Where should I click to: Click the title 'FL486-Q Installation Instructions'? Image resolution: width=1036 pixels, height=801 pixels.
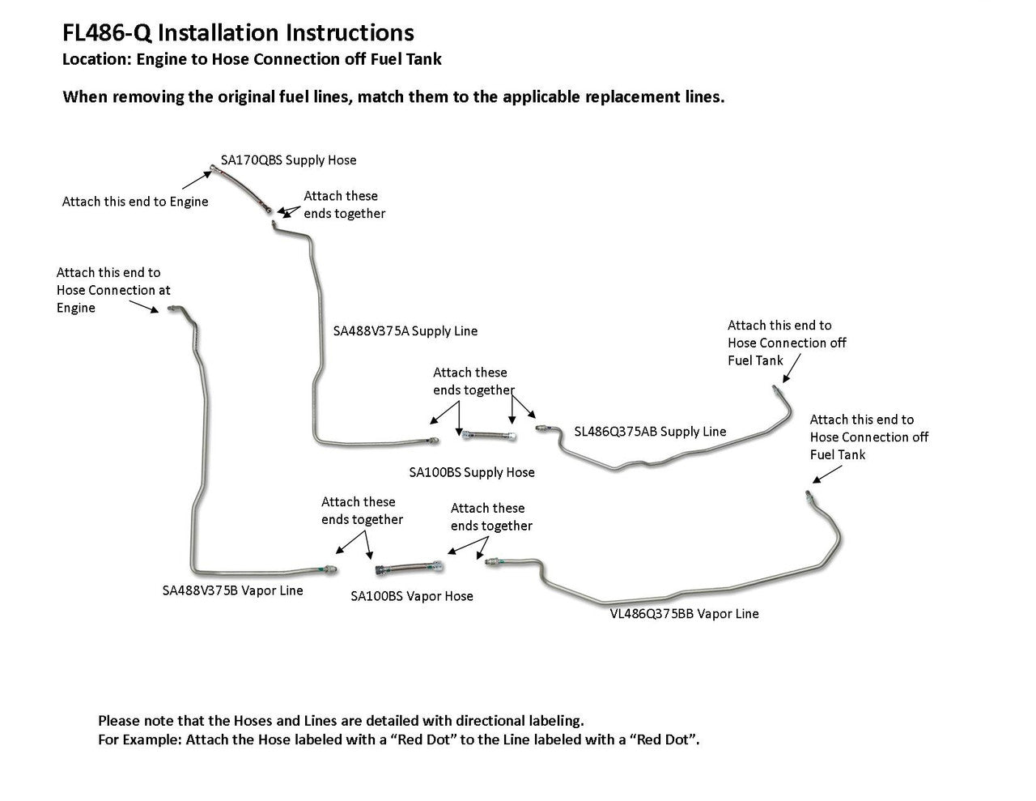238,32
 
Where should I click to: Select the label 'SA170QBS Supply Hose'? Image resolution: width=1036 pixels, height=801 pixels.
288,160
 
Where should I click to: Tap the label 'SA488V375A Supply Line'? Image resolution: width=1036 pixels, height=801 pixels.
405,331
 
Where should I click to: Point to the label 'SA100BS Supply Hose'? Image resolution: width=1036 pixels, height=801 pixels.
472,472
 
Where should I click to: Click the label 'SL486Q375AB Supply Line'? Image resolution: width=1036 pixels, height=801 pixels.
650,432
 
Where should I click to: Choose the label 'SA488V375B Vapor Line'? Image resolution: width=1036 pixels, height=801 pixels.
233,590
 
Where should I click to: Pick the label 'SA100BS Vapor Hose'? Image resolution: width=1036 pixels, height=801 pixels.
412,596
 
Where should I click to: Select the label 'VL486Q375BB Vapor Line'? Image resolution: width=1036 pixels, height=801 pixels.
685,614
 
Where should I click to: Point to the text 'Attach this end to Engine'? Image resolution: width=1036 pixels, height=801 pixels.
135,202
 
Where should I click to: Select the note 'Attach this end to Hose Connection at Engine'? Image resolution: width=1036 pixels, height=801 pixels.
113,290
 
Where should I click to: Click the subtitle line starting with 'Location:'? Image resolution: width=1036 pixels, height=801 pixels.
252,59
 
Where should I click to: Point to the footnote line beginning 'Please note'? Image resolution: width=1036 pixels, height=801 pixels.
341,721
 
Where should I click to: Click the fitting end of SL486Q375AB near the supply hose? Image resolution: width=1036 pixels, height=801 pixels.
541,428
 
